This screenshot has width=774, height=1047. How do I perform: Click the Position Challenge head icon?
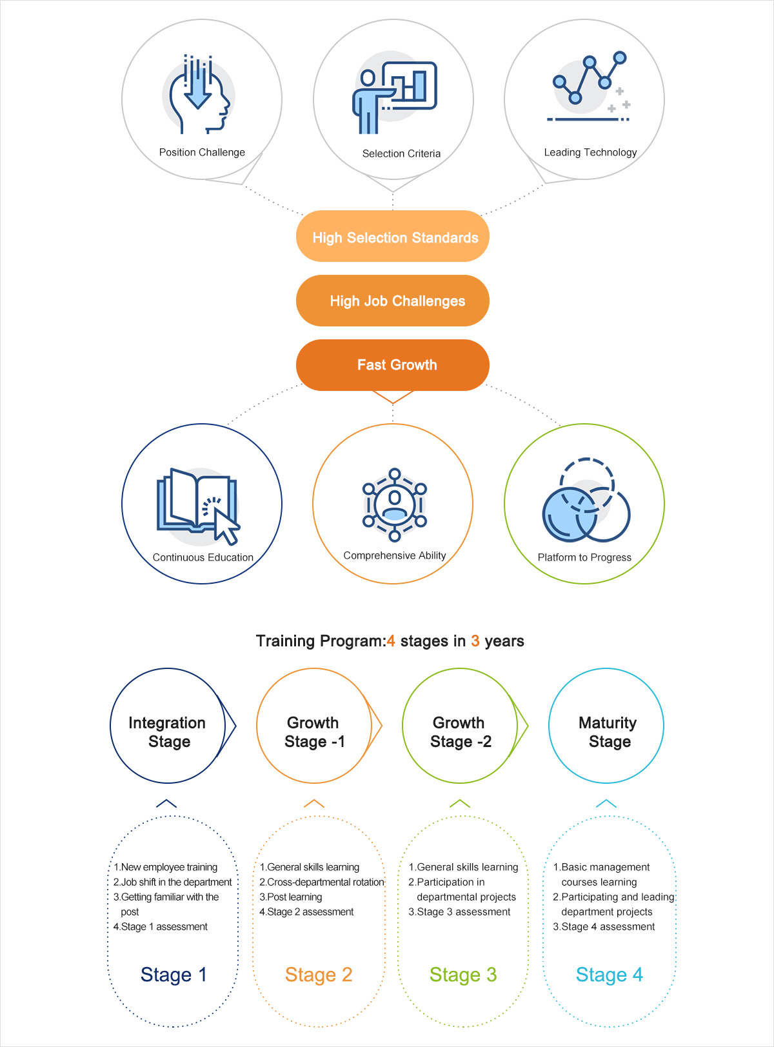pos(199,94)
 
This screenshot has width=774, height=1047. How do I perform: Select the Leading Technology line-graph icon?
pos(589,87)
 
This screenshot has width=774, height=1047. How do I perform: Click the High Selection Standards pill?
pos(393,237)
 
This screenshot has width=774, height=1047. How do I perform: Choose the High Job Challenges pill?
pos(393,301)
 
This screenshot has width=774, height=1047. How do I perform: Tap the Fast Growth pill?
pos(393,365)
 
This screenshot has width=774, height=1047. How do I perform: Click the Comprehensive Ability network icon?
pos(394,504)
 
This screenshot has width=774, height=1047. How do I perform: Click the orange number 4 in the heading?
pos(391,641)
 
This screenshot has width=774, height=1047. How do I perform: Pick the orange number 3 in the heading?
pos(475,641)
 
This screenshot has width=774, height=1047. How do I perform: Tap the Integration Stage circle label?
pos(168,732)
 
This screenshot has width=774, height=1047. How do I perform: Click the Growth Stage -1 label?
pos(314,732)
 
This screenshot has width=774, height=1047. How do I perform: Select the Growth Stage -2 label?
pos(460,732)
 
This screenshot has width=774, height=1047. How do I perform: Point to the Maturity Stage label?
pos(608,732)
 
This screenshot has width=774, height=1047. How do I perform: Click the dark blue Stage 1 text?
pos(174,975)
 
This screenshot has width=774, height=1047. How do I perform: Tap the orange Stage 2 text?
pos(319,975)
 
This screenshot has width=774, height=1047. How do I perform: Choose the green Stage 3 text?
pos(463,975)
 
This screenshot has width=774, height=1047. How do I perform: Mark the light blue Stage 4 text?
pos(609,975)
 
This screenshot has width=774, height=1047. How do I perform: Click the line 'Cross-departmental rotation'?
pos(322,882)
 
